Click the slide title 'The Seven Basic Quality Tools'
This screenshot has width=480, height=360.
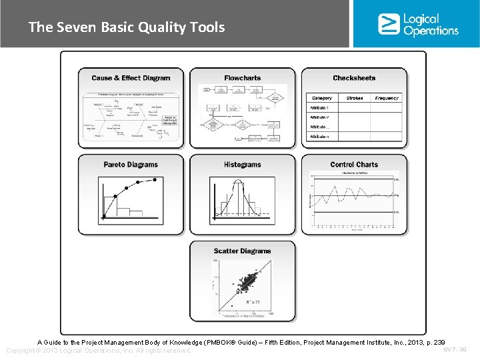click(x=127, y=27)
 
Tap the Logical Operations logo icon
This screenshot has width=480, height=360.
click(x=389, y=24)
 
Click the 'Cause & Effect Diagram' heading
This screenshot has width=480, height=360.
click(x=131, y=78)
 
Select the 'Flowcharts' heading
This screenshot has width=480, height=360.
click(x=242, y=78)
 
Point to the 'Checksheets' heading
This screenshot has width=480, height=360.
click(x=354, y=78)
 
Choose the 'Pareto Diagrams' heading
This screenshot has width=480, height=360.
click(x=131, y=165)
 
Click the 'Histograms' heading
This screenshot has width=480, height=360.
click(x=242, y=165)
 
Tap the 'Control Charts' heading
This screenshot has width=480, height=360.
click(x=354, y=165)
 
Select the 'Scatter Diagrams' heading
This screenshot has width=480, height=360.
click(x=242, y=251)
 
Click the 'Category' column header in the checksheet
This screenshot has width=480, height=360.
click(x=321, y=98)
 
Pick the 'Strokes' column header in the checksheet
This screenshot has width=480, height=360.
click(x=355, y=98)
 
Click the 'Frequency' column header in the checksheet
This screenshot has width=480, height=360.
click(x=387, y=98)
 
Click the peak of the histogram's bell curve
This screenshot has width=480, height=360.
click(x=243, y=181)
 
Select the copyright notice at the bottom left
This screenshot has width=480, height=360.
click(x=98, y=351)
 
